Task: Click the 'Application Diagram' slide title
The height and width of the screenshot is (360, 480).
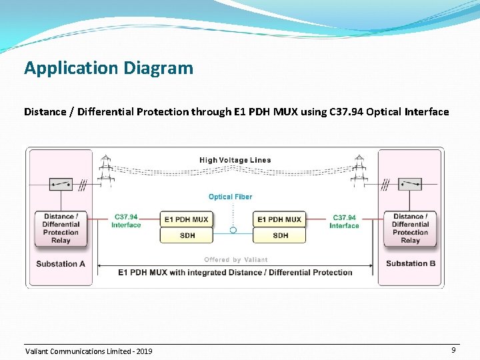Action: click(x=109, y=68)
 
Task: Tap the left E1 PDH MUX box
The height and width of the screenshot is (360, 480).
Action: click(x=186, y=219)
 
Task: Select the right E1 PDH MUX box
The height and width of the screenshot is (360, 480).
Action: click(x=279, y=219)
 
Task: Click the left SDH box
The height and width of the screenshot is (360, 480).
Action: click(x=187, y=235)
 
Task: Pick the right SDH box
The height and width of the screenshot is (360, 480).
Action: click(x=280, y=235)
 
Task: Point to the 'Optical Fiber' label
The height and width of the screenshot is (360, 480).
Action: click(x=230, y=197)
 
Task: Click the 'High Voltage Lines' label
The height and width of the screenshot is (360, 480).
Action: click(x=235, y=160)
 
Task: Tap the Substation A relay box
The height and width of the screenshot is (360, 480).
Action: click(x=61, y=228)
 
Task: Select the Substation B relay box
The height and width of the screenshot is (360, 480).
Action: click(x=410, y=228)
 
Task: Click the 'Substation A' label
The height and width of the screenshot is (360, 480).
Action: click(x=61, y=263)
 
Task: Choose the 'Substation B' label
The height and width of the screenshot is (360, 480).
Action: click(x=411, y=263)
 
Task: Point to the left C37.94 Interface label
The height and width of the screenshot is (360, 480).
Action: click(x=126, y=221)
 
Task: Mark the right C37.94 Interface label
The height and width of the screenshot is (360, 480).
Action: click(x=344, y=221)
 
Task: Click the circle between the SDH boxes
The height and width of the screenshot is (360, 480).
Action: click(x=233, y=230)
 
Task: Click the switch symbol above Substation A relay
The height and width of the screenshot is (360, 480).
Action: click(x=61, y=184)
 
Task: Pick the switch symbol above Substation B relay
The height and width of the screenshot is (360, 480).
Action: click(x=410, y=184)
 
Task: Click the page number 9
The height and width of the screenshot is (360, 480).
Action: click(x=453, y=350)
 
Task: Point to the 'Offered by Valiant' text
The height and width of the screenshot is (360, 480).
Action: click(x=235, y=260)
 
